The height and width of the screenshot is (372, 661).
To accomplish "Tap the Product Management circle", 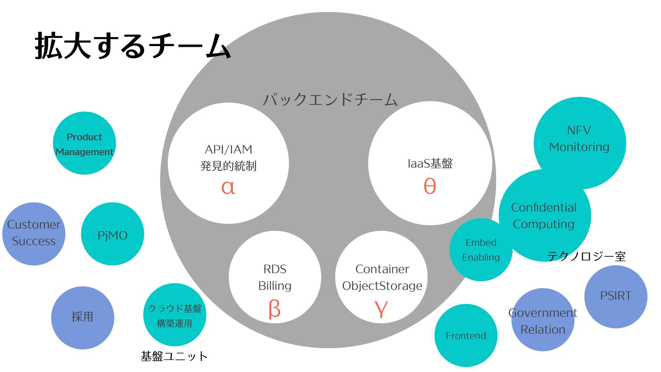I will pyautogui.click(x=84, y=143).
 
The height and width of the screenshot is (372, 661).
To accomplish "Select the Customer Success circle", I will pyautogui.click(x=34, y=234).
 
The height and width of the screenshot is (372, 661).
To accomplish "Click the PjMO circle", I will pyautogui.click(x=113, y=234).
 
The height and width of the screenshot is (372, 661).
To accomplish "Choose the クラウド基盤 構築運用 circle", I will pyautogui.click(x=175, y=315).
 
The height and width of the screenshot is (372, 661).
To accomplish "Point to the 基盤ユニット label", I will pyautogui.click(x=174, y=356).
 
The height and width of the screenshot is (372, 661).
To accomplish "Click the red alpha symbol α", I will pyautogui.click(x=228, y=187).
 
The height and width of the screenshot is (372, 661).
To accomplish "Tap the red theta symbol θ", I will pyautogui.click(x=430, y=186).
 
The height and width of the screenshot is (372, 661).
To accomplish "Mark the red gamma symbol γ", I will pyautogui.click(x=381, y=309).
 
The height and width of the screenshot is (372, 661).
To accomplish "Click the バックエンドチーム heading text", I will pyautogui.click(x=330, y=100).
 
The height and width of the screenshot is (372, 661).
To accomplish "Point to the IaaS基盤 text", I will pyautogui.click(x=430, y=164).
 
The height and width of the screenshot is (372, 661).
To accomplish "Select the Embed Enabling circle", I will pyautogui.click(x=481, y=250).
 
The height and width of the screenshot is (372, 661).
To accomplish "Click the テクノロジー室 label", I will pyautogui.click(x=586, y=256).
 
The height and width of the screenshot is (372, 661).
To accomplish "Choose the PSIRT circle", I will pyautogui.click(x=616, y=296).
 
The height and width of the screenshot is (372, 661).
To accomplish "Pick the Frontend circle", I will pyautogui.click(x=466, y=335).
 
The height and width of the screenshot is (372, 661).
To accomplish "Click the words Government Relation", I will pyautogui.click(x=543, y=321).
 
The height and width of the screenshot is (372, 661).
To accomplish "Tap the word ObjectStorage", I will pyautogui.click(x=382, y=286).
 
